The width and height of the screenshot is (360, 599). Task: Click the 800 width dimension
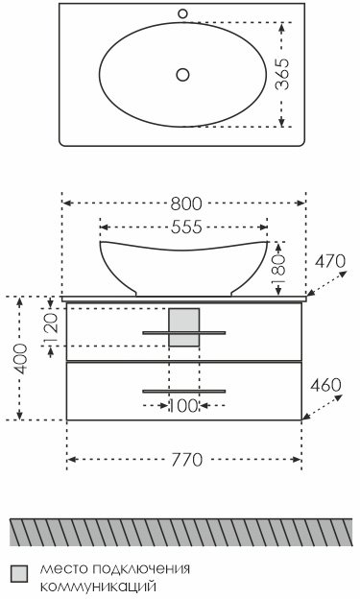tap(185, 204)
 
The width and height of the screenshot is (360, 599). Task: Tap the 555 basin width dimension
tap(186, 227)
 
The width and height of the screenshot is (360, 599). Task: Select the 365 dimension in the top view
tap(282, 74)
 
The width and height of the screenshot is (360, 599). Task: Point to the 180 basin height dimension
tap(278, 270)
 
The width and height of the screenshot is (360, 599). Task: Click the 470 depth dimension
tap(330, 262)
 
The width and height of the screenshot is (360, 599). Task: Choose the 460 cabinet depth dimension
tap(325, 386)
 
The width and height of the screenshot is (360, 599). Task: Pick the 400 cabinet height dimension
tap(21, 359)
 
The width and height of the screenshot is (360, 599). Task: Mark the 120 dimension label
tap(50, 327)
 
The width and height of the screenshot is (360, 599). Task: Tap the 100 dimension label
tap(183, 406)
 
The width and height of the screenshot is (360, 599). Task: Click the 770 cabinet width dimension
tap(186, 460)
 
